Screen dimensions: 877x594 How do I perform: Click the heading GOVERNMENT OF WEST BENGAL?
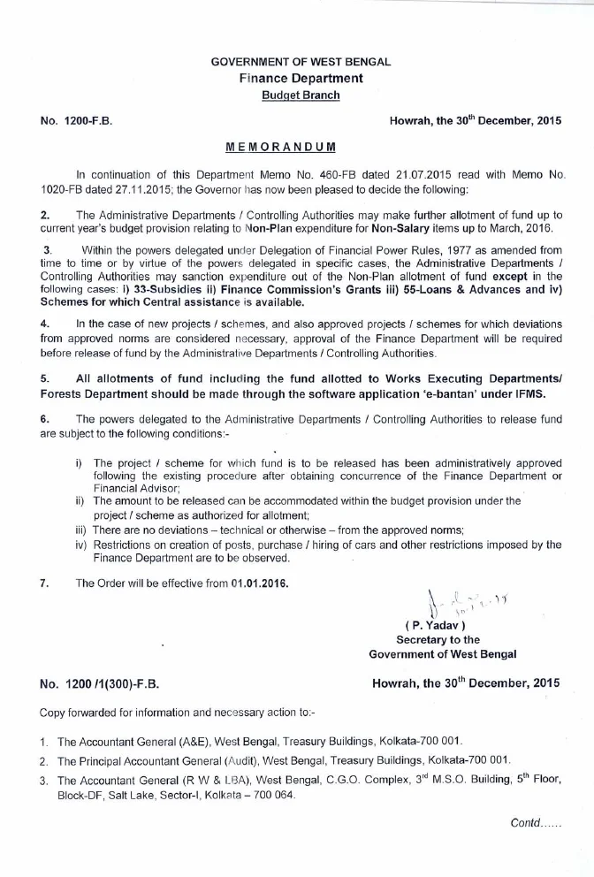301,63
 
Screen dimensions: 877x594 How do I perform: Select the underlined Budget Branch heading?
301,95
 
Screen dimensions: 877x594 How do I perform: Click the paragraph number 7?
44,583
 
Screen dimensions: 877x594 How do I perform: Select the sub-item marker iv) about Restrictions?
81,545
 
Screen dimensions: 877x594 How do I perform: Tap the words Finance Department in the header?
301,79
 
